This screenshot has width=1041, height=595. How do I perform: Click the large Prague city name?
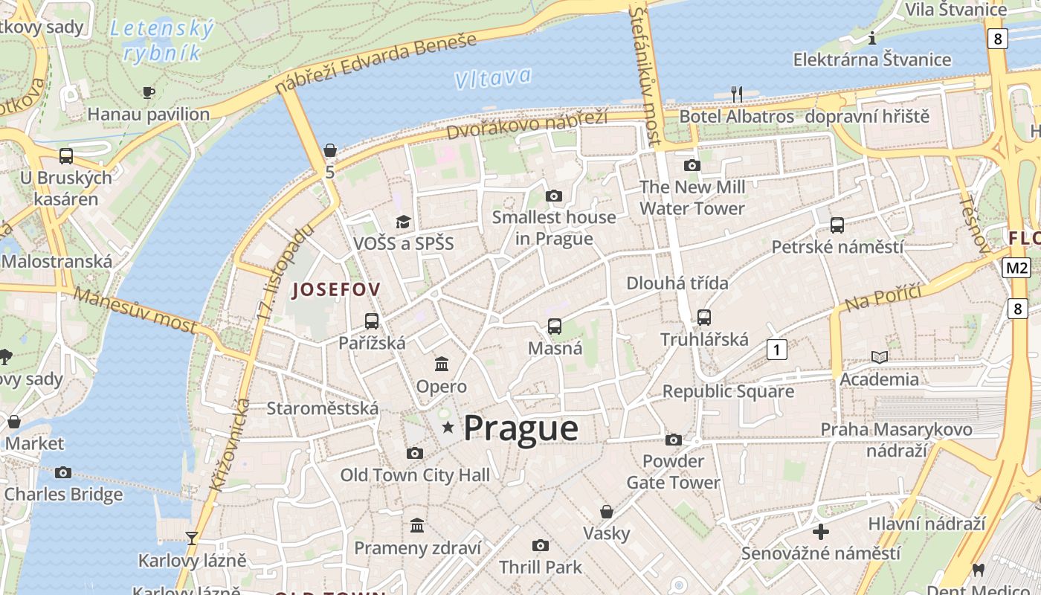520,428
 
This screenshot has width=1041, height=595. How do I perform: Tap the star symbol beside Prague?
448,427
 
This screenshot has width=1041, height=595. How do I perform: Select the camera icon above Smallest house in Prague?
553,196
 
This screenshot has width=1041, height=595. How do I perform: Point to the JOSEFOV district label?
336,290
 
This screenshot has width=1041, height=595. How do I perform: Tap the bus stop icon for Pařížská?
372,321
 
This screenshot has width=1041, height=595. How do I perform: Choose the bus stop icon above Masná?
555,326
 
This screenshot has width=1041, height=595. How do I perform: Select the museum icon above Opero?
442,364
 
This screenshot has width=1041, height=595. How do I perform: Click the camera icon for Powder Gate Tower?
674,440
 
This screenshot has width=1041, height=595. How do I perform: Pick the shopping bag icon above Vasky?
607,512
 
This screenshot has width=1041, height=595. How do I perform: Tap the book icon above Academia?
880,358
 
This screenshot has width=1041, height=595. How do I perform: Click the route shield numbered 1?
776,349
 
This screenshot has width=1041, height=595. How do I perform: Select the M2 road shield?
1016,268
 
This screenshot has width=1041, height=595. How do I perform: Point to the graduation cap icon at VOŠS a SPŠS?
403,222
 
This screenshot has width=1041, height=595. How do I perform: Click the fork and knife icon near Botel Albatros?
736,94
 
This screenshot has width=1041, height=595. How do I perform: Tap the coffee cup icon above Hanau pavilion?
149,92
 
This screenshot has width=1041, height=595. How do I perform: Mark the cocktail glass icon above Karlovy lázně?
192,538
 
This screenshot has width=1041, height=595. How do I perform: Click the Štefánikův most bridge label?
644,74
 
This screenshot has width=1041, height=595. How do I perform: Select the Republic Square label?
728,391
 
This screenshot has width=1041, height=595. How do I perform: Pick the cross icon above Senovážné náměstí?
821,532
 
